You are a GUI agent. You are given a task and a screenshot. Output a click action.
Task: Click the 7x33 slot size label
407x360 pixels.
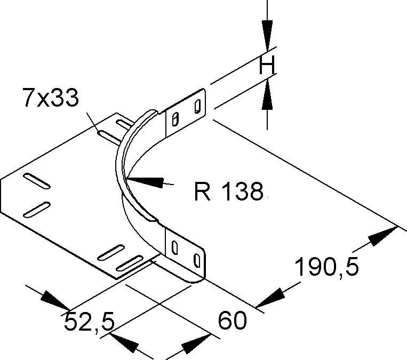(x=50, y=99)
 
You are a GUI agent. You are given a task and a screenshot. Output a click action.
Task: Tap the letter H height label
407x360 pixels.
(x=266, y=66)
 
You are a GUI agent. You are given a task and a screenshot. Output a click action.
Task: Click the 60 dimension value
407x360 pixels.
(x=233, y=321)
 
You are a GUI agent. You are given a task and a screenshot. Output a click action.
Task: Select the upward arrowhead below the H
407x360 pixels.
(x=267, y=96)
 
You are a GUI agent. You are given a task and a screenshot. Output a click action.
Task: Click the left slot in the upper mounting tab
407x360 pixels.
(x=175, y=116)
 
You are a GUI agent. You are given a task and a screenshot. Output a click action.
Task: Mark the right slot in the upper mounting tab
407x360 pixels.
(x=197, y=106)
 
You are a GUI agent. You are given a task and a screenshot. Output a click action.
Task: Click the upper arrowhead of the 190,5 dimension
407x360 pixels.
(x=384, y=235)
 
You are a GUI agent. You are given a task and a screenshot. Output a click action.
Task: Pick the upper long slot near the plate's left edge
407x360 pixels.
(x=37, y=181)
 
